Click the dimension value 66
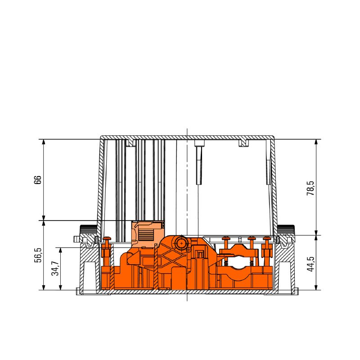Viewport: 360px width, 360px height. point(38,180)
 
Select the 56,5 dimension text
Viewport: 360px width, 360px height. point(38,255)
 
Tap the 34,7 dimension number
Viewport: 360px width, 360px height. point(55,268)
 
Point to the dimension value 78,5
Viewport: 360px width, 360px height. point(310,188)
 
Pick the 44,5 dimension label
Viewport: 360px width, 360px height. point(310,264)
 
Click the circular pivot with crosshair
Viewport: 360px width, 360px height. point(182,243)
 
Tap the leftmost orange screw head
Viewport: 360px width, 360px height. point(107,238)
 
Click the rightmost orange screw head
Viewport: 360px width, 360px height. point(267,238)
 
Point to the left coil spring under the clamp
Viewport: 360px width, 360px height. point(226,263)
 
